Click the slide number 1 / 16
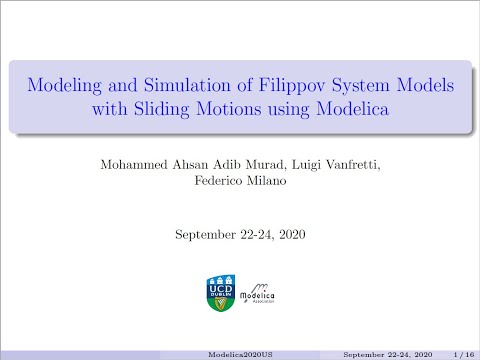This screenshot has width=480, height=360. click(462, 353)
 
